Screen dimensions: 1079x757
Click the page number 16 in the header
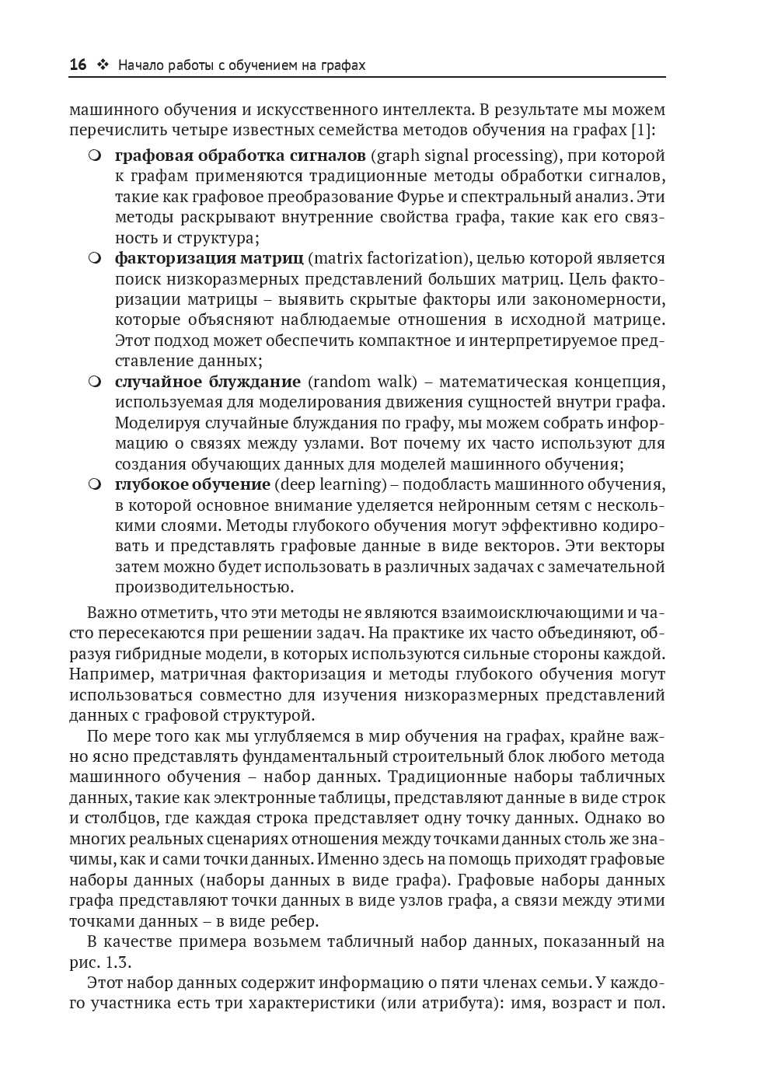point(78,65)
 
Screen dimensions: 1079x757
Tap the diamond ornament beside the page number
point(102,65)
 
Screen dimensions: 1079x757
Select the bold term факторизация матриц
point(209,258)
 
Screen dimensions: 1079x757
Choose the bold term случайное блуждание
point(208,382)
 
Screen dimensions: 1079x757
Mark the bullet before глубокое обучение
point(95,484)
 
